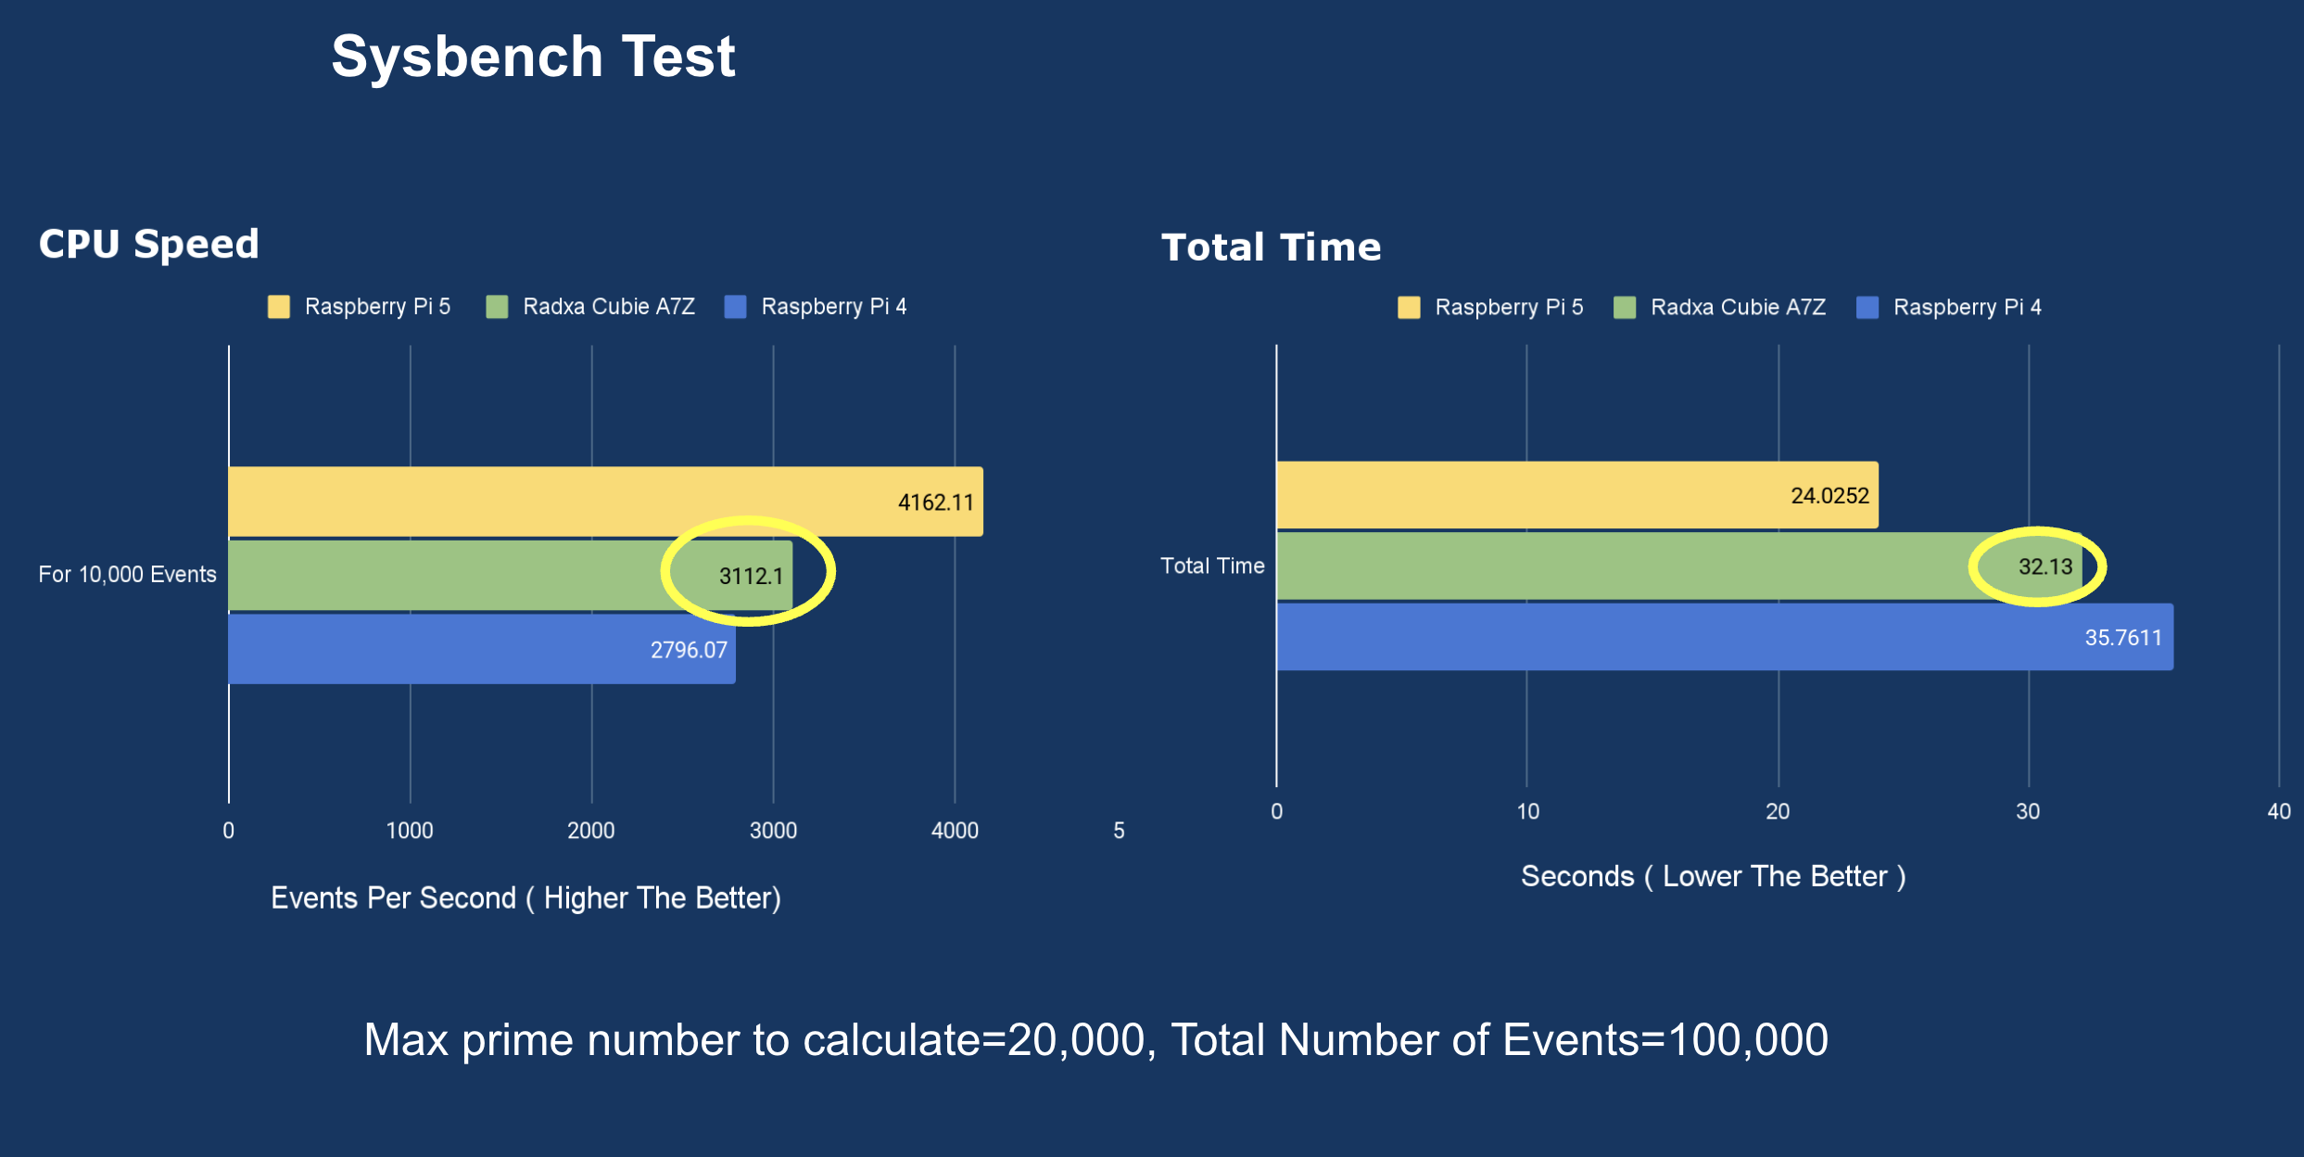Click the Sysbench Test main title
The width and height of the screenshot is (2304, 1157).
pyautogui.click(x=533, y=57)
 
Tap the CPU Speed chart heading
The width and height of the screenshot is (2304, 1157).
pyautogui.click(x=148, y=244)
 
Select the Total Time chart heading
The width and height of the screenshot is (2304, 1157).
pyautogui.click(x=1271, y=248)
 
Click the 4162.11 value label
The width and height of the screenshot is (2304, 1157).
pyautogui.click(x=935, y=502)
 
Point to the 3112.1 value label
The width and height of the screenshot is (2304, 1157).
pyautogui.click(x=751, y=576)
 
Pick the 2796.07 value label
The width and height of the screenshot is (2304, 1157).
pyautogui.click(x=689, y=650)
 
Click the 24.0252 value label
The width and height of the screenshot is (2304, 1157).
pyautogui.click(x=1829, y=496)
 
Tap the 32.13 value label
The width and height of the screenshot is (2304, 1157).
pyautogui.click(x=2045, y=566)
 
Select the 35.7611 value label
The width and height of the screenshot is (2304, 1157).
pyautogui.click(x=2123, y=638)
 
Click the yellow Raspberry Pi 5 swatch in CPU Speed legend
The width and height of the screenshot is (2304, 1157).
pyautogui.click(x=279, y=307)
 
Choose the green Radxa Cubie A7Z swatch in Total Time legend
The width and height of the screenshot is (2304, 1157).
pyautogui.click(x=1625, y=308)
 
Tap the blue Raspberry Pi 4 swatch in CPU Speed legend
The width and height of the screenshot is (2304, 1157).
pyautogui.click(x=735, y=307)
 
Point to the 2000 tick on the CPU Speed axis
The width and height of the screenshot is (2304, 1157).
pyautogui.click(x=591, y=831)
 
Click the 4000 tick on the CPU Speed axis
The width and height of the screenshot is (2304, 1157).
pyautogui.click(x=955, y=831)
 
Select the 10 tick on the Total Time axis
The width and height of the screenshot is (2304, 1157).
pyautogui.click(x=1527, y=812)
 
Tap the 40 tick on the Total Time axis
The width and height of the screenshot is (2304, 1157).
pyautogui.click(x=2279, y=812)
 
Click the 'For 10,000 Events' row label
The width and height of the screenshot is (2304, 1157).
pyautogui.click(x=127, y=575)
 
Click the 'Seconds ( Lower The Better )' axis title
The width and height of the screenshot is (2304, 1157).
pyautogui.click(x=1713, y=877)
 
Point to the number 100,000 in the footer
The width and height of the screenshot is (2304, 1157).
pyautogui.click(x=1747, y=1040)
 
